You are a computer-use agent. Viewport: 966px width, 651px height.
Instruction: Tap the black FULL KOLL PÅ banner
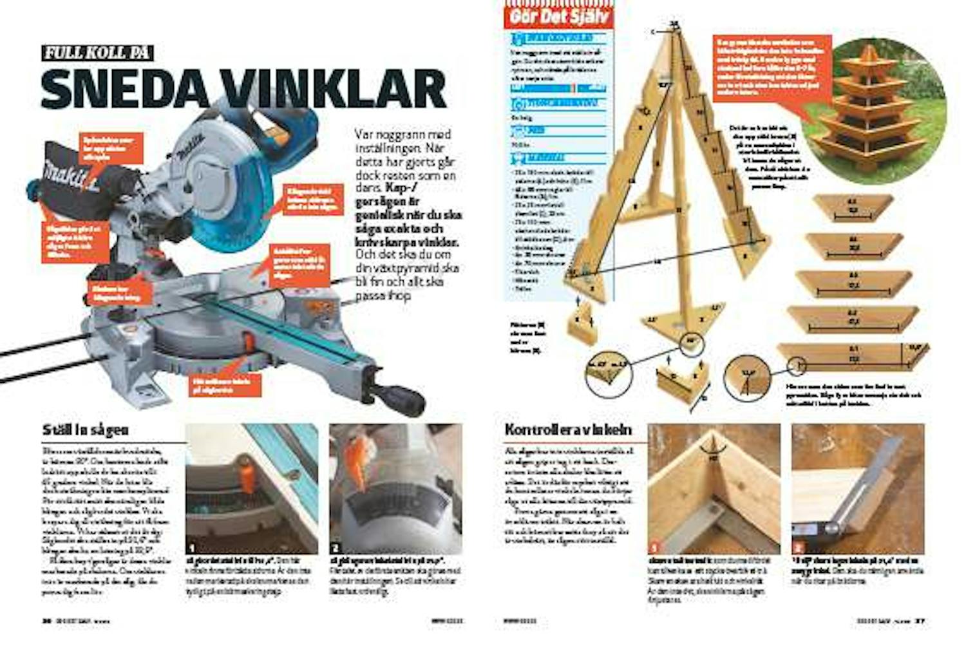click(x=97, y=53)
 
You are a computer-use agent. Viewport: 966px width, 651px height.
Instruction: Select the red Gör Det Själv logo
click(x=558, y=15)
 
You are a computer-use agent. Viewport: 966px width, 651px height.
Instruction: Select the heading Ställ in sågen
click(x=85, y=429)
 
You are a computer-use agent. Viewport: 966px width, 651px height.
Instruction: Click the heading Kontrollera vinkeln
click(x=568, y=429)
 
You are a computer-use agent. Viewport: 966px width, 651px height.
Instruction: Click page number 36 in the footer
click(x=46, y=621)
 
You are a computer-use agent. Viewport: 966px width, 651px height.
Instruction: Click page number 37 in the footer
click(x=920, y=621)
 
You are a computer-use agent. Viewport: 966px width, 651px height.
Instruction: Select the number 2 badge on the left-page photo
click(x=336, y=548)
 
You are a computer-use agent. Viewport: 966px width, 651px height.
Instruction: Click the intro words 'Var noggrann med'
click(x=402, y=135)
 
